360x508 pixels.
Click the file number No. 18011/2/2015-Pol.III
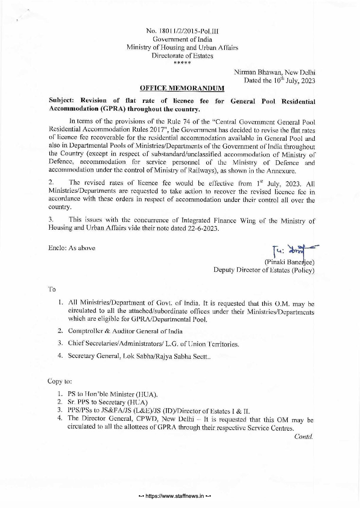coord(182,32)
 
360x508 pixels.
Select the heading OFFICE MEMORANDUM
coord(182,89)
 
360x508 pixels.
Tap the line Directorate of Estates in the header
coord(182,56)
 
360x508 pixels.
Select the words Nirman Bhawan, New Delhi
coord(275,72)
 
